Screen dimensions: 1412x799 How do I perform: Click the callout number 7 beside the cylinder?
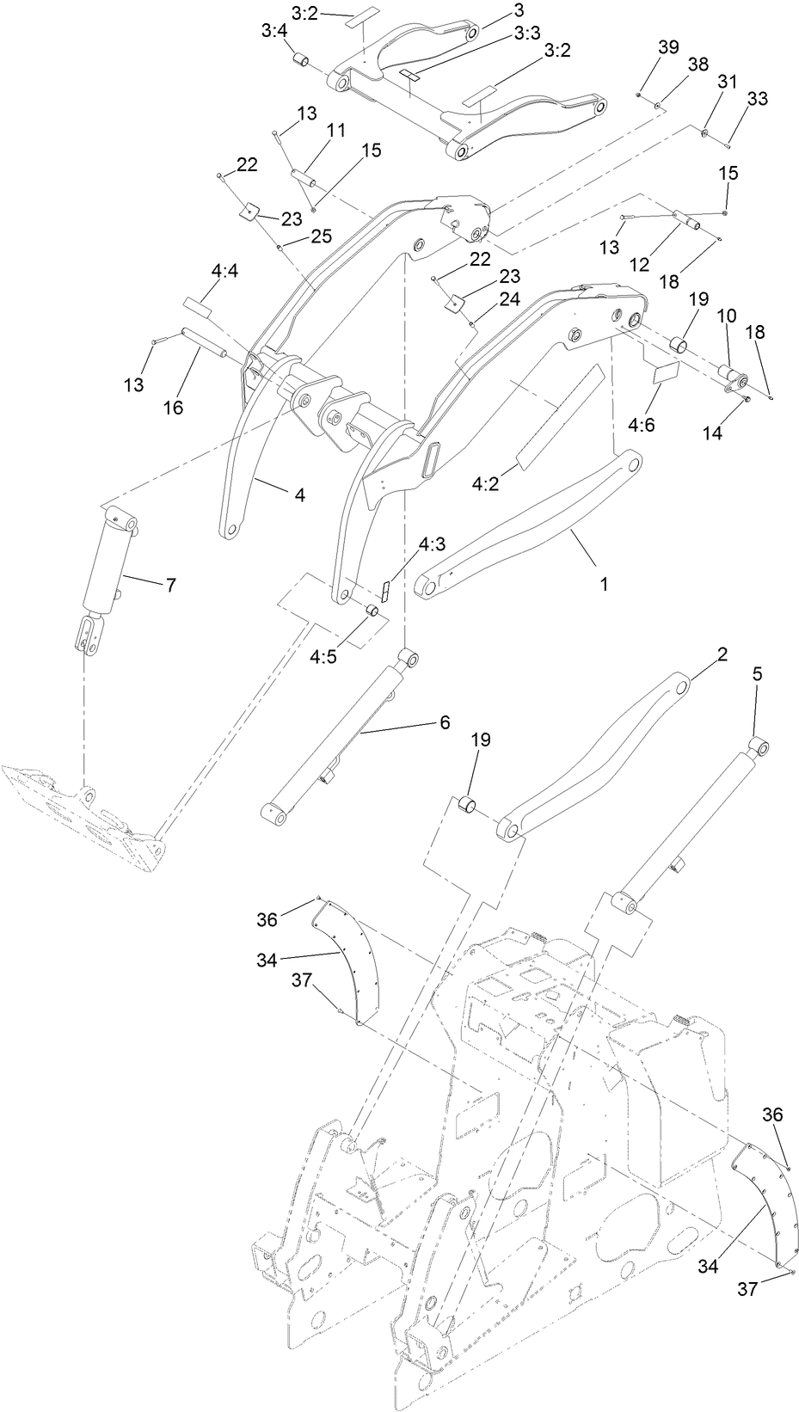(170, 585)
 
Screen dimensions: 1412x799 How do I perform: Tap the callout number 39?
(668, 48)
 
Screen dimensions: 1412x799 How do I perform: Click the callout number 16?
(173, 407)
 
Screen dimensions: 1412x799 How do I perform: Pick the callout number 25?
(320, 235)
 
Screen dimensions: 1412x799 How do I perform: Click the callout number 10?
(727, 316)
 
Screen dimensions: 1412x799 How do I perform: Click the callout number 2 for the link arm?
(722, 654)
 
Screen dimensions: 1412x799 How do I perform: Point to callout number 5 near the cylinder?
(757, 675)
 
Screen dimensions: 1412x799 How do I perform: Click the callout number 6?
(444, 722)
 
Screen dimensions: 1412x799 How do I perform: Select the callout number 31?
(728, 81)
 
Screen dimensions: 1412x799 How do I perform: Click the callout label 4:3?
(432, 545)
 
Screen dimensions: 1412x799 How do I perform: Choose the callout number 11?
(335, 130)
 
